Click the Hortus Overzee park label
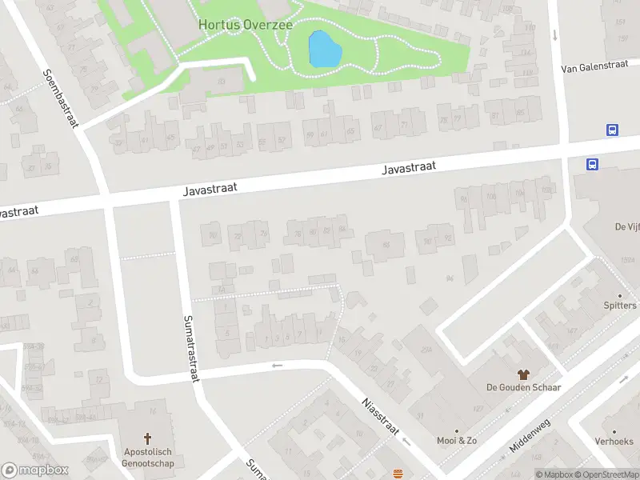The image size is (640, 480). tap(245, 25)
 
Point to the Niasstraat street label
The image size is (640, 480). tap(379, 416)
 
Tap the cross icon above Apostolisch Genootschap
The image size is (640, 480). tap(147, 438)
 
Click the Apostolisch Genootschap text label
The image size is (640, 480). tap(147, 457)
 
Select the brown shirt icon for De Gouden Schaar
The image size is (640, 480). tap(523, 374)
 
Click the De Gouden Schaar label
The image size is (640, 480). tap(523, 388)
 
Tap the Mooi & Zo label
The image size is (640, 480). tap(457, 441)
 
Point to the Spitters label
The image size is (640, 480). tap(620, 306)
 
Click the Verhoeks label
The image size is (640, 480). tap(614, 442)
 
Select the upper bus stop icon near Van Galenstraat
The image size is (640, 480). tap(612, 130)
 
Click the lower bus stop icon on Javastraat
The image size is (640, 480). tap(592, 165)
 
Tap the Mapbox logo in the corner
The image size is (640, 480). tap(34, 470)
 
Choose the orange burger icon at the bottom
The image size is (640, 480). tap(398, 473)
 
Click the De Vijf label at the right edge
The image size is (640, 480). tap(626, 227)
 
